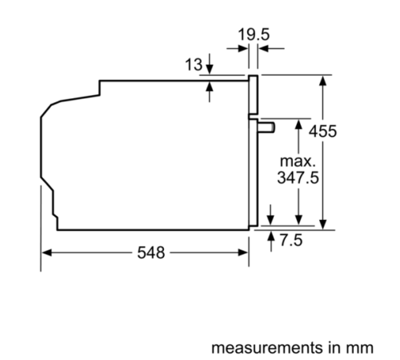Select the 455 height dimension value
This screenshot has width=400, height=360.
click(346, 132)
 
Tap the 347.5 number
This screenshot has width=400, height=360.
click(298, 178)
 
